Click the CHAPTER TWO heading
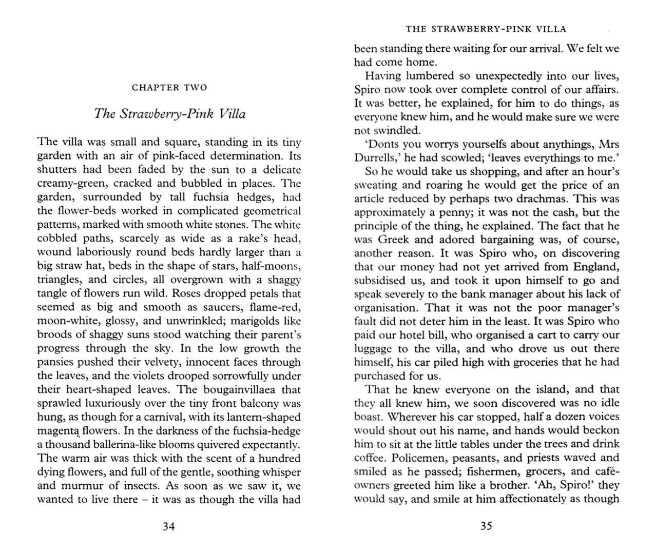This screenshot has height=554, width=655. (x=169, y=88)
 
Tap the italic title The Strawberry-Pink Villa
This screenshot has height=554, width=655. (x=169, y=114)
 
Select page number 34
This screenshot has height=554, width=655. (x=169, y=526)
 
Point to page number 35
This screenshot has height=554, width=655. (x=486, y=526)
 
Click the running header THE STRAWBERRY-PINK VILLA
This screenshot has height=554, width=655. (x=486, y=29)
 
